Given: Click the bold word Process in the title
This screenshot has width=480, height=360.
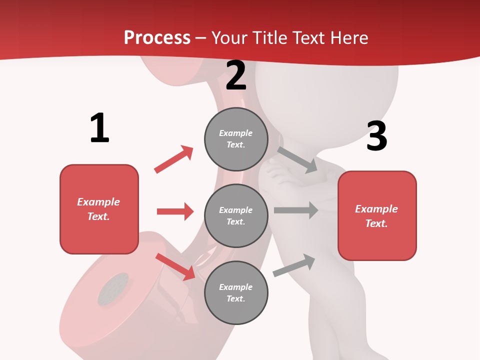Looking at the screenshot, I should [157, 38].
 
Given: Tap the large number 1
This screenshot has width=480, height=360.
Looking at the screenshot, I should [99, 128].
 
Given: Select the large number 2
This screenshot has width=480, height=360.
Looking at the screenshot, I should [236, 76].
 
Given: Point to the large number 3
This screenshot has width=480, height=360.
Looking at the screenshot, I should [376, 136].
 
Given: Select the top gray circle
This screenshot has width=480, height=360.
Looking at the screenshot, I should [236, 139].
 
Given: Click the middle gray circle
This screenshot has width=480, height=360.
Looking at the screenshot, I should [236, 215].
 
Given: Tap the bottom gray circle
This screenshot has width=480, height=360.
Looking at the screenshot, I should [236, 292].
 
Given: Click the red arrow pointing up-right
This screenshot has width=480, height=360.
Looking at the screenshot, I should [174, 159].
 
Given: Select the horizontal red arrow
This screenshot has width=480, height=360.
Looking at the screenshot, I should [175, 211].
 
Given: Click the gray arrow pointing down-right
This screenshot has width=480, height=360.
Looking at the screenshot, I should [297, 160].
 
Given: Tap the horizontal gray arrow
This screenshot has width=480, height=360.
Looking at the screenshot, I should [296, 210].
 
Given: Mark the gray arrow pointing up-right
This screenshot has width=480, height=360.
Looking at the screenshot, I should [294, 265].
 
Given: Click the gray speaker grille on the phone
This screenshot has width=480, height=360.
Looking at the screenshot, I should [112, 289].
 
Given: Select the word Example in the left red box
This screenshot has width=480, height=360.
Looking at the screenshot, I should [98, 202].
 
